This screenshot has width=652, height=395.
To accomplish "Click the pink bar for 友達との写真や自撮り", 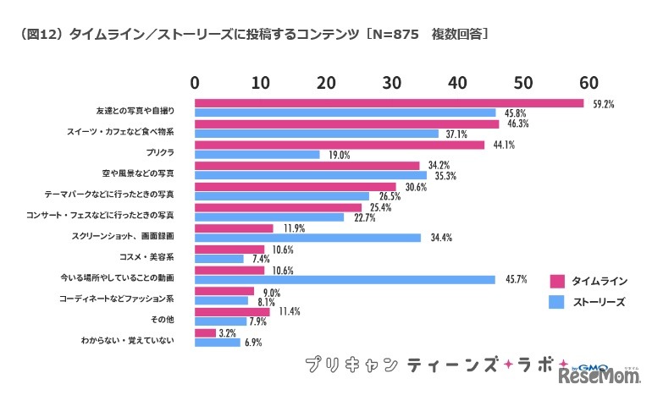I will (x=390, y=103).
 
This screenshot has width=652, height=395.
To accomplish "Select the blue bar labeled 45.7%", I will (x=345, y=279).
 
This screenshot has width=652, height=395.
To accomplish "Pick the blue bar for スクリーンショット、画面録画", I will (x=308, y=238).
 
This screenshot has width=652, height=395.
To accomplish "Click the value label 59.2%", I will (x=603, y=104).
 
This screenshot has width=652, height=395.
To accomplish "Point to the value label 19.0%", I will (x=338, y=156).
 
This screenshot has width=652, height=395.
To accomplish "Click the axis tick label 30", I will (x=391, y=82).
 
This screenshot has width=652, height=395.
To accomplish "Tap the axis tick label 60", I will (x=588, y=82).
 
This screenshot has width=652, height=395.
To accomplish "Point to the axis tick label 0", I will (x=196, y=82).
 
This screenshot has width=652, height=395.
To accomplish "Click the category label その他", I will (x=163, y=320).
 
